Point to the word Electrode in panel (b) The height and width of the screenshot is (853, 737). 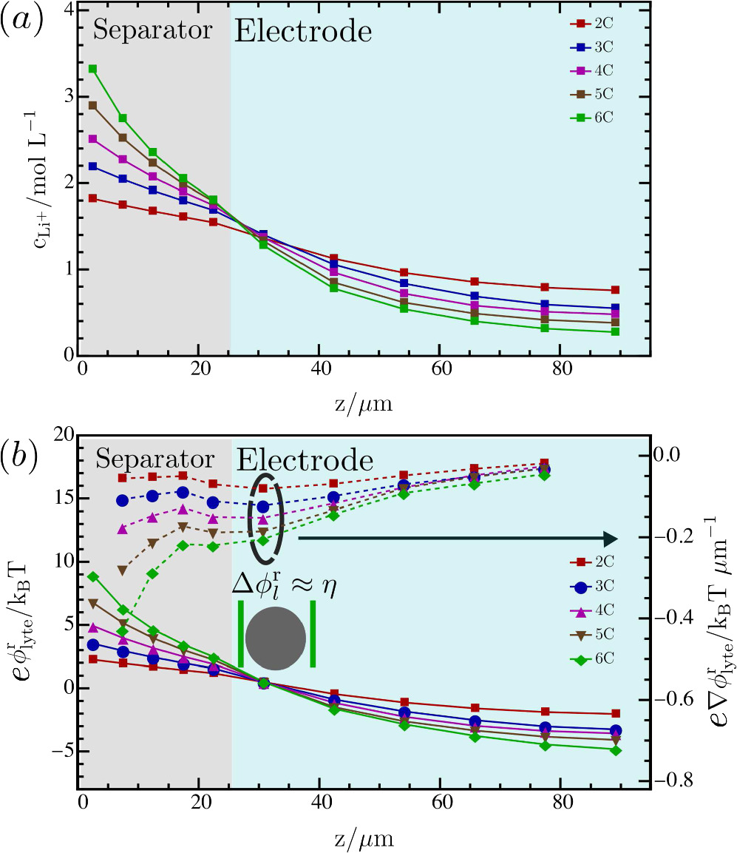[304, 461]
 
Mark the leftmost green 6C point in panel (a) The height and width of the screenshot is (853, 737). [92, 69]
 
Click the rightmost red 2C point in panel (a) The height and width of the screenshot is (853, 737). [615, 290]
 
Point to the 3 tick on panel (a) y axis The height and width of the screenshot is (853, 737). [64, 97]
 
